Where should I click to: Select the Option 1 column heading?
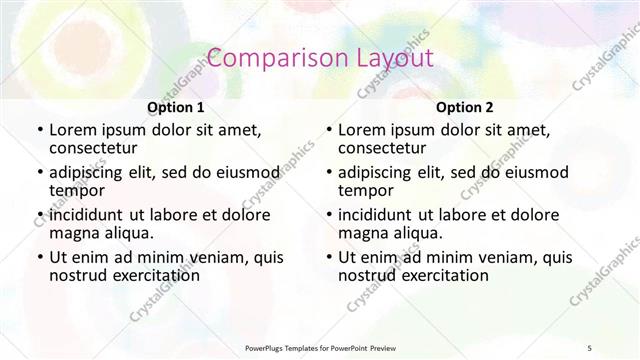point(176,107)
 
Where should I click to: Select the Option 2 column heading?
point(465,107)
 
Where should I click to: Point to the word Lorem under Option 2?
point(361,130)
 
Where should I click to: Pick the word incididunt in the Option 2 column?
point(377,214)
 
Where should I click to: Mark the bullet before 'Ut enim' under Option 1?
point(39,257)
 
